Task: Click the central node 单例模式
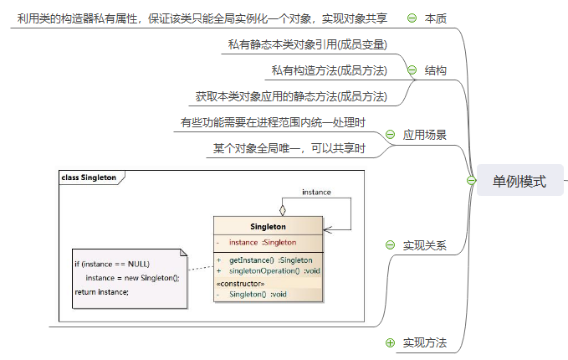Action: [x=519, y=181]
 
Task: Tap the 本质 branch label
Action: [x=435, y=18]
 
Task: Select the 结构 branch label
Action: [x=435, y=71]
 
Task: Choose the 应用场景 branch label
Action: [x=424, y=134]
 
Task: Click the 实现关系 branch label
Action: [x=424, y=245]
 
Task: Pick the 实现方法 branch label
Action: [x=424, y=342]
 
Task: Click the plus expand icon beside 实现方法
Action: [x=390, y=342]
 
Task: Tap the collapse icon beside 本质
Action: [x=412, y=18]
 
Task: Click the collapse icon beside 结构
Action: [x=412, y=71]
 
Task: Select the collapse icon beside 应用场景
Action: [x=390, y=134]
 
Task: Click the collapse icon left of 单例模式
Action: [x=471, y=181]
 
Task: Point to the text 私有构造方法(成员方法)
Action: [x=329, y=70]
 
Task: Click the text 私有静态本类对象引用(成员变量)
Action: [x=307, y=44]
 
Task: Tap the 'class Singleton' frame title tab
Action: [x=89, y=177]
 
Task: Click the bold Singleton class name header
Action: [x=268, y=226]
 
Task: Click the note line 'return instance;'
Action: [x=102, y=291]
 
